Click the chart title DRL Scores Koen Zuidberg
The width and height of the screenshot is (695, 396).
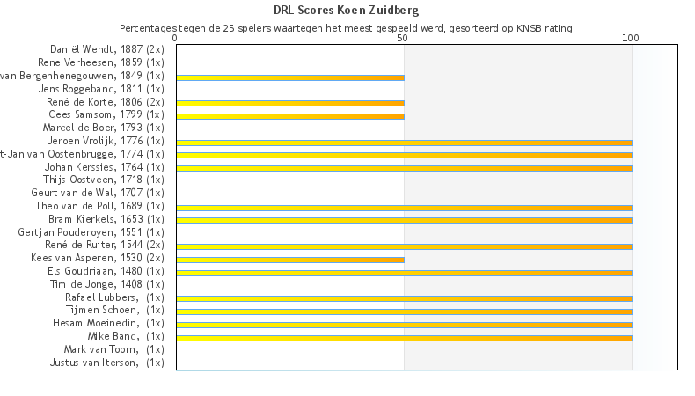point(347,11)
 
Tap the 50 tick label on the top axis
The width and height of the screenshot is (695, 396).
point(403,39)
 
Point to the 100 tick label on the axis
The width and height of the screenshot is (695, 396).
point(631,39)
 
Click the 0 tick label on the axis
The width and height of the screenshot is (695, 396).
point(176,39)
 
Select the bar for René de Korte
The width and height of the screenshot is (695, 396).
point(290,103)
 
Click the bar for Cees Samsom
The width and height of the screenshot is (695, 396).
point(290,116)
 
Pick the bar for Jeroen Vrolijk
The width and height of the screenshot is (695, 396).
point(404,143)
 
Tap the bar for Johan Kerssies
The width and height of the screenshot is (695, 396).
point(404,168)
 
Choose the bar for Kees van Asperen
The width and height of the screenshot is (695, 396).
point(290,260)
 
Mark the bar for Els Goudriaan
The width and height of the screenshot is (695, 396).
point(404,273)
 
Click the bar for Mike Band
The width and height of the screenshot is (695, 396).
point(404,338)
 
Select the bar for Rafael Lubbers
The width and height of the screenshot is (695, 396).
point(404,298)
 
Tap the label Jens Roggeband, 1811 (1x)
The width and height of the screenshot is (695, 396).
point(101,89)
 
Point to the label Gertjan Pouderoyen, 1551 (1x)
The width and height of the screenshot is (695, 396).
point(91,232)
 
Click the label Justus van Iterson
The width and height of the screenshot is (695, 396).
point(106,363)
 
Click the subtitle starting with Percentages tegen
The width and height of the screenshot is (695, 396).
point(347,28)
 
